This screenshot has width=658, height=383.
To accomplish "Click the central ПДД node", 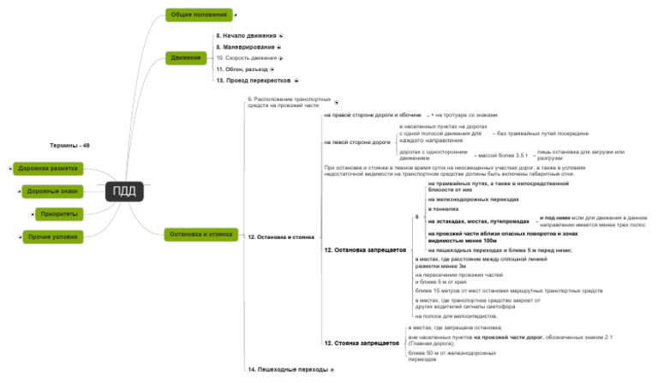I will click(124, 191).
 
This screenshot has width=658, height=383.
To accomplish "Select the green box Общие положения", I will click(198, 15).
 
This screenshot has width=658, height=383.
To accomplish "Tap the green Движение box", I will click(186, 57).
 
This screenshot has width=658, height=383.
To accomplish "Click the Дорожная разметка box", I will click(48, 169).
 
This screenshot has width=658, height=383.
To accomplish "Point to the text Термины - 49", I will click(70, 146).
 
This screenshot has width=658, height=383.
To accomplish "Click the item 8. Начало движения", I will click(246, 36).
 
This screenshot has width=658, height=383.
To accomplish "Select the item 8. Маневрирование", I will click(245, 46).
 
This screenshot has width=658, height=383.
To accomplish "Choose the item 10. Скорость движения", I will click(247, 57).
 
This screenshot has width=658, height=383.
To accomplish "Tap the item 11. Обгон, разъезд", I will click(242, 69).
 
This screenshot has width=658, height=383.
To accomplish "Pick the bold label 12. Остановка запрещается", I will click(363, 249).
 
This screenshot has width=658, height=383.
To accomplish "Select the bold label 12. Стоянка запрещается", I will click(361, 343).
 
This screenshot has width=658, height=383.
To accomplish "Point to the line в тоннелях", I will click(442, 208).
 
